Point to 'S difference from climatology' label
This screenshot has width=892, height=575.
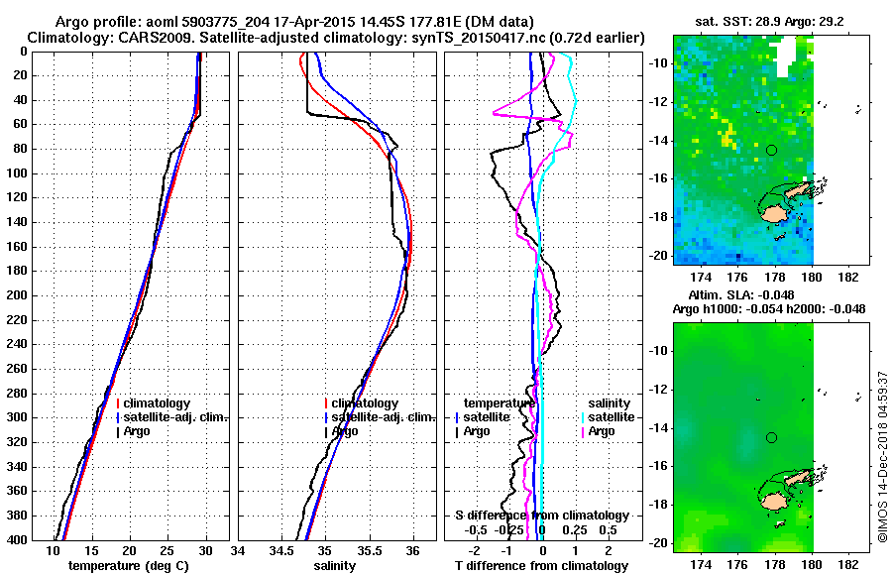tap(542, 516)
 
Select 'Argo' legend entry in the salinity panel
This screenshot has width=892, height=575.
tap(345, 431)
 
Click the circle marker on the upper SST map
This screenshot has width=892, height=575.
tap(771, 150)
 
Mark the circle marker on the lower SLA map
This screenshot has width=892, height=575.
tap(771, 437)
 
